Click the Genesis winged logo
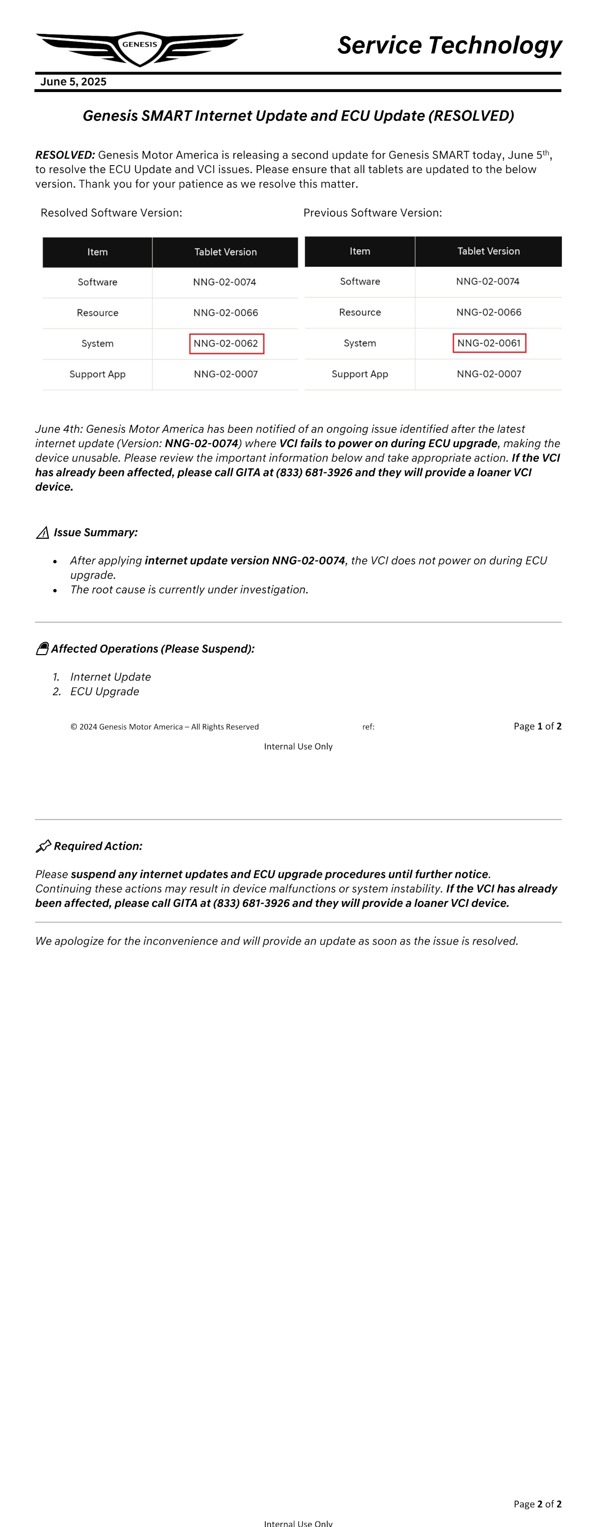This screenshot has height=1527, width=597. (x=140, y=47)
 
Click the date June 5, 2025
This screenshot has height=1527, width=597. (x=74, y=82)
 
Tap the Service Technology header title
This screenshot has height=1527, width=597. (x=449, y=45)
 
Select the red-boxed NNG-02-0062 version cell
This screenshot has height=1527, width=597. (x=226, y=344)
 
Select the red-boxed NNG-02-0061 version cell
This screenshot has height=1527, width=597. (x=489, y=343)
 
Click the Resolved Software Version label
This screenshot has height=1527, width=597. (x=111, y=213)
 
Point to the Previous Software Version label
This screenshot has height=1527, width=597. (x=372, y=213)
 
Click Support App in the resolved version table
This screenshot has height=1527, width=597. (x=97, y=374)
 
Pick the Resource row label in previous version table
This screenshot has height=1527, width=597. (x=360, y=312)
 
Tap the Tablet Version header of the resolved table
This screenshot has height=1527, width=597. (x=225, y=252)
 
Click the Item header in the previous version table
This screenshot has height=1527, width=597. (x=360, y=251)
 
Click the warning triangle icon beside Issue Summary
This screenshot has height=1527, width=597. (x=43, y=533)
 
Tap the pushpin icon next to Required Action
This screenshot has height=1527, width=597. (x=43, y=846)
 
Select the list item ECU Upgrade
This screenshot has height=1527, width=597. (x=104, y=692)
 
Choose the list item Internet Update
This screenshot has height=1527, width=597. (x=110, y=677)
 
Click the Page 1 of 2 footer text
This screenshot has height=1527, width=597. (x=537, y=726)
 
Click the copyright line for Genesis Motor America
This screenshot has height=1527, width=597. (x=164, y=727)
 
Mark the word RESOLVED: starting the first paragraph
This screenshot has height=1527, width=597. (x=65, y=155)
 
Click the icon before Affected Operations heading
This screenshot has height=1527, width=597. (x=42, y=649)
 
